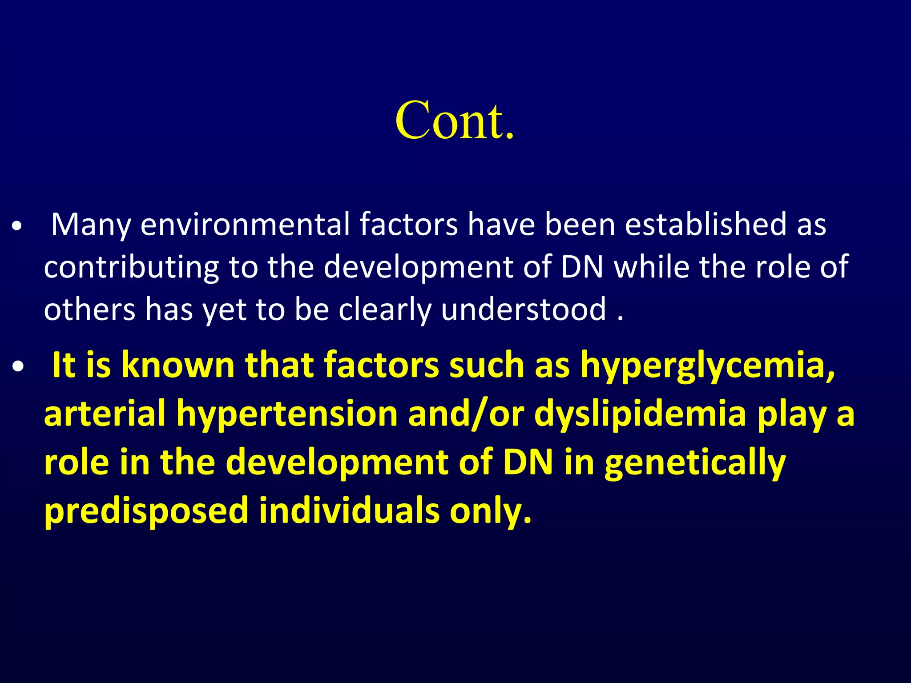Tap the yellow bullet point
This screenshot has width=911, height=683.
coord(18,367)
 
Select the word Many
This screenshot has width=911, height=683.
coord(91,225)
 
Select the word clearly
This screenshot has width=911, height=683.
coord(385,310)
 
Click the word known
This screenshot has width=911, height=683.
coord(178,365)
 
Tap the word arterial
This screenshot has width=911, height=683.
coord(105,413)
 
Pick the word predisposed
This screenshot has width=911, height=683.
coord(146,511)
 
